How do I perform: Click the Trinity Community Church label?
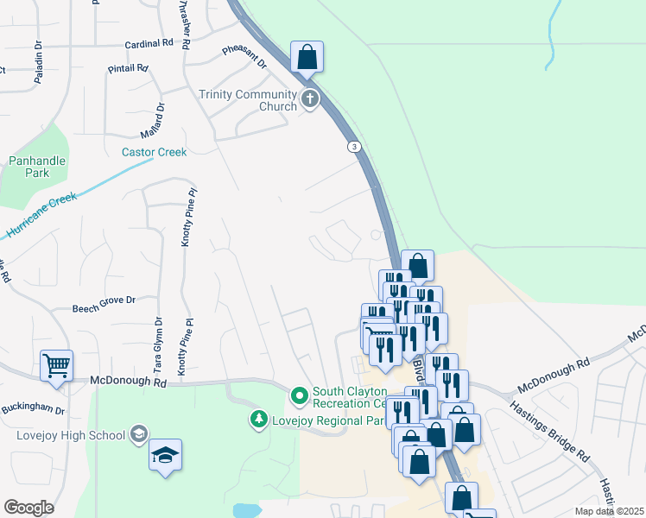click(248, 101)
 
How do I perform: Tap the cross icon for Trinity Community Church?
click(310, 101)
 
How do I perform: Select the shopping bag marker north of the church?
click(307, 58)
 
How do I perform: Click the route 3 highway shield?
click(354, 147)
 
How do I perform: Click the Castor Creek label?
click(154, 153)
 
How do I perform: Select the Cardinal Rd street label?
click(149, 43)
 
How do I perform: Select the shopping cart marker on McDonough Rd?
click(56, 366)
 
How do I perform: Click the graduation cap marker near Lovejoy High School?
click(165, 456)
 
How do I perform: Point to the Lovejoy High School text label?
click(71, 435)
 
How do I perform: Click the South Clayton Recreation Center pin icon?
click(300, 396)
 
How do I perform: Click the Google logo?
click(28, 508)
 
